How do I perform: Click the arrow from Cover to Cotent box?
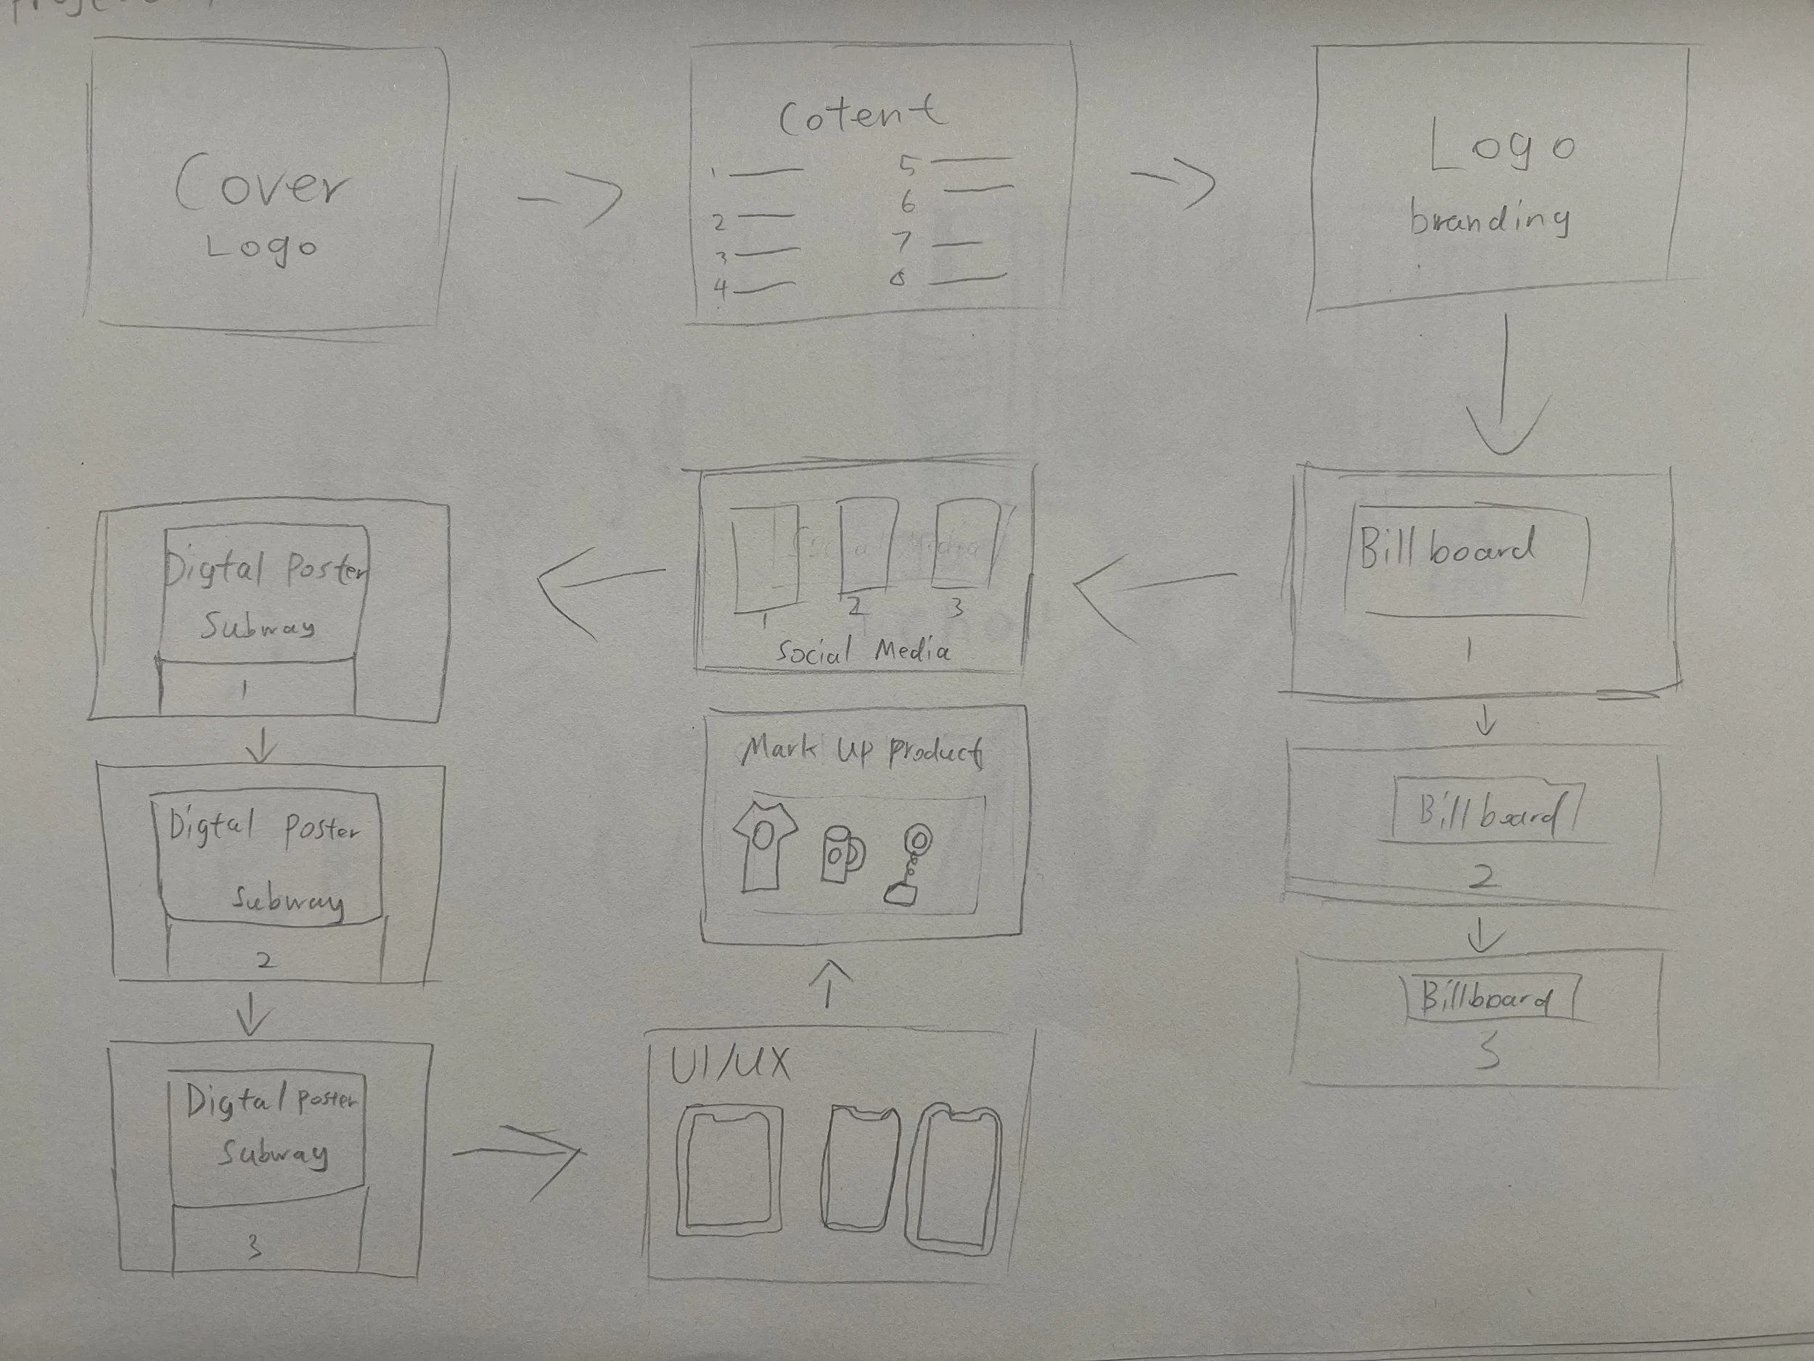pos(571,197)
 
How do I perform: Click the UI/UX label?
pos(730,1065)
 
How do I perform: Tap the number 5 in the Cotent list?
pos(906,165)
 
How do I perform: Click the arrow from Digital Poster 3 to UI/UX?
pos(520,1152)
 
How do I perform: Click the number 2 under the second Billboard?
pos(1482,877)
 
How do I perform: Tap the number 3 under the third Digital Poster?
pos(255,1248)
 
